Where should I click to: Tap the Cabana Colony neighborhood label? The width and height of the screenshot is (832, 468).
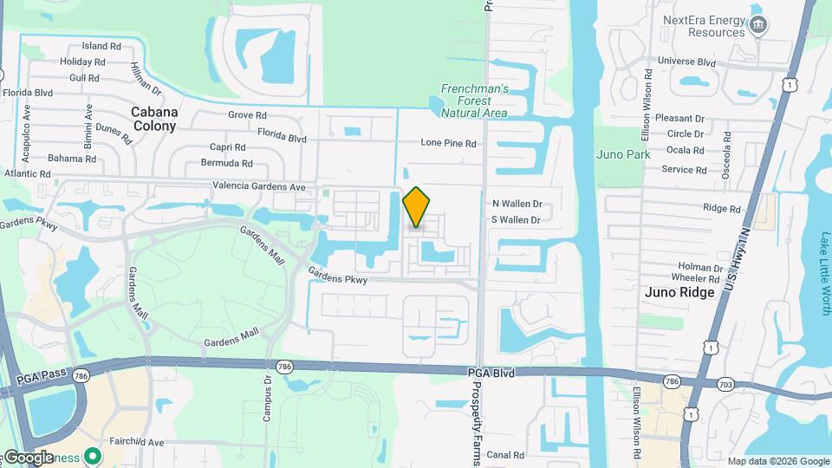click(x=154, y=119)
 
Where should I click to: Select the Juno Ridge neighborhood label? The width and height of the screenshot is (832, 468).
click(x=679, y=292)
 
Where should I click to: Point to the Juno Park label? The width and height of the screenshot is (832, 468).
click(x=622, y=154)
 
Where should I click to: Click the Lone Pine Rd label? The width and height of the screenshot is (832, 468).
click(x=448, y=143)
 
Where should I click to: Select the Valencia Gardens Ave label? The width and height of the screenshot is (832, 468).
click(x=259, y=186)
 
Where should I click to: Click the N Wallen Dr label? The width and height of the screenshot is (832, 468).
click(x=517, y=204)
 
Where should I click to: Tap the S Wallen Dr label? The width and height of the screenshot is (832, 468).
click(x=517, y=220)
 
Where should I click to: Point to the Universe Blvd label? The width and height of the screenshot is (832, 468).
click(x=686, y=62)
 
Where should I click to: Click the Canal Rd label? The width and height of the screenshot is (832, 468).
click(x=505, y=454)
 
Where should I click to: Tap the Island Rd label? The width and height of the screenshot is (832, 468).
click(x=101, y=46)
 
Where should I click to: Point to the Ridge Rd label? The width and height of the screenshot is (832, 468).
click(x=722, y=208)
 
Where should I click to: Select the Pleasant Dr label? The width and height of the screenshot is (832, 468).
click(x=680, y=118)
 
